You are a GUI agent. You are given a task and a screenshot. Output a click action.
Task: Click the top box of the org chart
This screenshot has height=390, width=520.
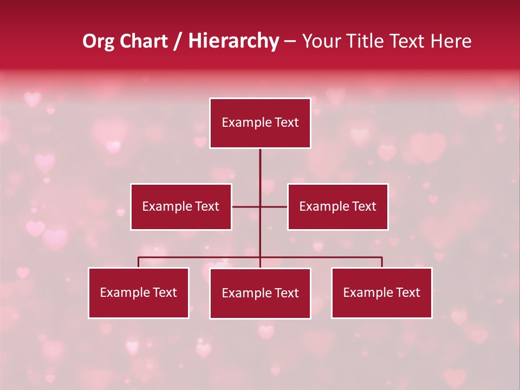pos(260,123)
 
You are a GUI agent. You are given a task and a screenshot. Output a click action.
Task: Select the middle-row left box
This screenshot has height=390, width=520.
pos(181,206)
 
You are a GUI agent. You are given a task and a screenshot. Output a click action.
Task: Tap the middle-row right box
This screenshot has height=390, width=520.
pos(338,206)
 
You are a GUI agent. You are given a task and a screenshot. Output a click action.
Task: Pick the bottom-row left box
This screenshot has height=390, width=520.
pos(139,292)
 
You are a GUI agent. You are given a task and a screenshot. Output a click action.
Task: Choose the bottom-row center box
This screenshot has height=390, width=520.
pos(260,293)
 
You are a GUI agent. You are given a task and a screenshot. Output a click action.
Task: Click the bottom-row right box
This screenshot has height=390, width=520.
pos(382,292)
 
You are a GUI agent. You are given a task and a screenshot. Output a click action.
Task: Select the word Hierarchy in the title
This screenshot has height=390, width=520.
pos(233,41)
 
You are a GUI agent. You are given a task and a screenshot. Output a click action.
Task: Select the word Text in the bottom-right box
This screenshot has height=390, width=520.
pos(408,292)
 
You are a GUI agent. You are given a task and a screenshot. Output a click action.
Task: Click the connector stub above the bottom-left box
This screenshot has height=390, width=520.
pos(139,262)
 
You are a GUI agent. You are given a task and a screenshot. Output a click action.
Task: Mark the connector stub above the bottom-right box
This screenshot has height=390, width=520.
pos(382,262)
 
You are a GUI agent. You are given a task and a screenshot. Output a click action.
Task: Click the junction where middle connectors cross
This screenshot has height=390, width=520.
pos(260,206)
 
